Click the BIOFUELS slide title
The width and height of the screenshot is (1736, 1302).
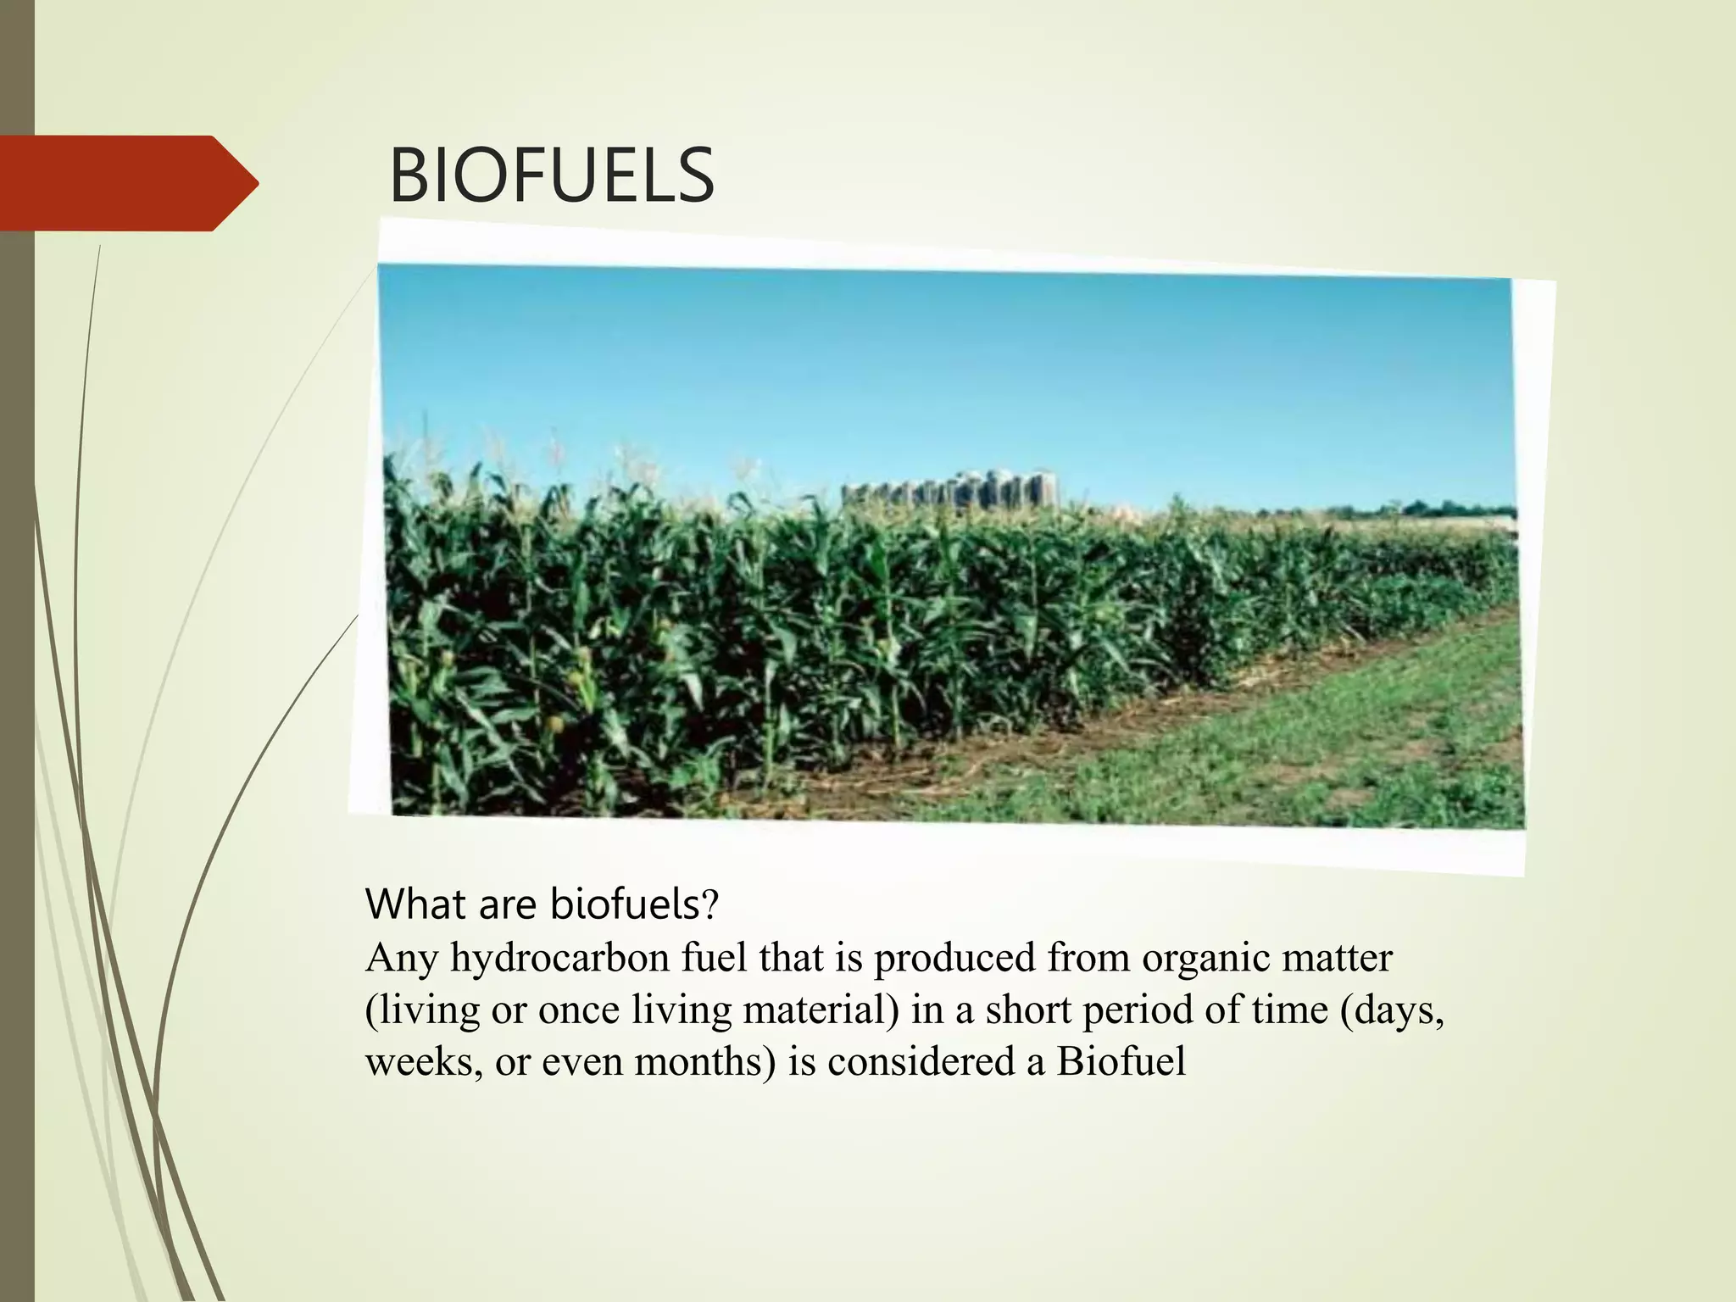551,176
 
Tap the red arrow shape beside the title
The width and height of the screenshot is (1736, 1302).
127,183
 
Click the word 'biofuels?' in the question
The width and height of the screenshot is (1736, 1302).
634,904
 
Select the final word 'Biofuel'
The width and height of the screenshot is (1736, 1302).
1121,1062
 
